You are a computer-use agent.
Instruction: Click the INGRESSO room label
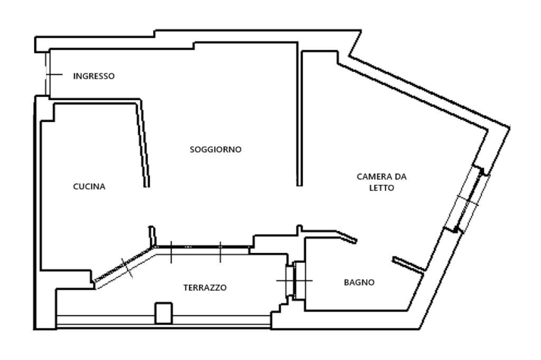pos(94,76)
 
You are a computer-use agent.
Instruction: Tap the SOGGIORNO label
pos(215,149)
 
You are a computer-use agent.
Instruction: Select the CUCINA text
pos(89,186)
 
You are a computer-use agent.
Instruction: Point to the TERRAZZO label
pos(205,288)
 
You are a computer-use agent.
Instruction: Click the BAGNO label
pos(359,282)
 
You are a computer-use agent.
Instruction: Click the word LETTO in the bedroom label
pos(381,188)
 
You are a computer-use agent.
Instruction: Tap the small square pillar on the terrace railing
pos(163,313)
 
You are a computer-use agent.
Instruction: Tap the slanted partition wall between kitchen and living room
pos(143,143)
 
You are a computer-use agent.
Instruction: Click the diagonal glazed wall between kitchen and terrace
pos(125,265)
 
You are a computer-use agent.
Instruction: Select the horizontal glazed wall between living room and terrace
pos(203,248)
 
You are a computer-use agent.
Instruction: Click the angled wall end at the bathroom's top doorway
pos(346,237)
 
